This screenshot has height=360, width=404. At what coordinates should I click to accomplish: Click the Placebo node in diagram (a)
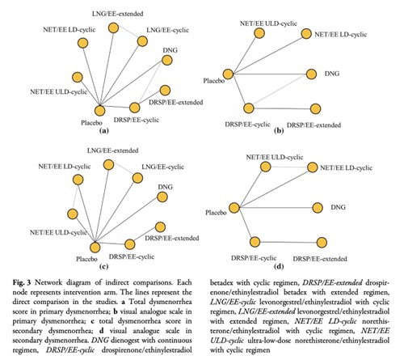(x=99, y=111)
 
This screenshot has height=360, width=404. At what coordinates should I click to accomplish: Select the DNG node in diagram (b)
(x=311, y=74)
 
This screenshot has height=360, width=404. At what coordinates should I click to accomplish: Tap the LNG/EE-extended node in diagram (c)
(x=108, y=165)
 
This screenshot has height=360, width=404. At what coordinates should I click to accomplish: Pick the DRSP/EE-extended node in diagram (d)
(x=322, y=243)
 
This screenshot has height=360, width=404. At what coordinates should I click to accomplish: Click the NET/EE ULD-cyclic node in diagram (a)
(x=78, y=78)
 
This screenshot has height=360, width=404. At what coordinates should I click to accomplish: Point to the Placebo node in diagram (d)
(x=234, y=208)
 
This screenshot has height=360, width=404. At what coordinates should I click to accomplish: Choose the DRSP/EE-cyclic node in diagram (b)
(x=249, y=108)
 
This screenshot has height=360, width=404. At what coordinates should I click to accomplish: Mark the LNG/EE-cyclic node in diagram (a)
(x=142, y=41)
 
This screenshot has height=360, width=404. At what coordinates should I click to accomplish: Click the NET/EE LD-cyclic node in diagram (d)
(x=313, y=167)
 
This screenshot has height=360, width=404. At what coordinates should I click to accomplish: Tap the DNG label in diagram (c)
(x=165, y=187)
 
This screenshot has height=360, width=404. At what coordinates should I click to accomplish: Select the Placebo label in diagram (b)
(x=214, y=81)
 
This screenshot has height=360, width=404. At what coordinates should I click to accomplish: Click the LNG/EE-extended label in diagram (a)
(x=117, y=14)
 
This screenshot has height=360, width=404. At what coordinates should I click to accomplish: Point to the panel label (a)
(x=104, y=131)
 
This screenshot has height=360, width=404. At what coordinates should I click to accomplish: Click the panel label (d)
(x=279, y=267)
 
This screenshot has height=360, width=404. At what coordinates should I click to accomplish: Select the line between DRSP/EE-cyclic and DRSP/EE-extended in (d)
(x=288, y=242)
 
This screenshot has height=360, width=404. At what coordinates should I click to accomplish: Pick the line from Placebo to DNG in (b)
(x=270, y=74)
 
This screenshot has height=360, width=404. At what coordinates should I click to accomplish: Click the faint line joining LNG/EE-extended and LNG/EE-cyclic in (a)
(x=128, y=34)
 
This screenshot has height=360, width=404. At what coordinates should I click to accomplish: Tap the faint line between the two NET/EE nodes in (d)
(x=289, y=167)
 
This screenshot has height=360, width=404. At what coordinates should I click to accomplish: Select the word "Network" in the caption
(x=50, y=283)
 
